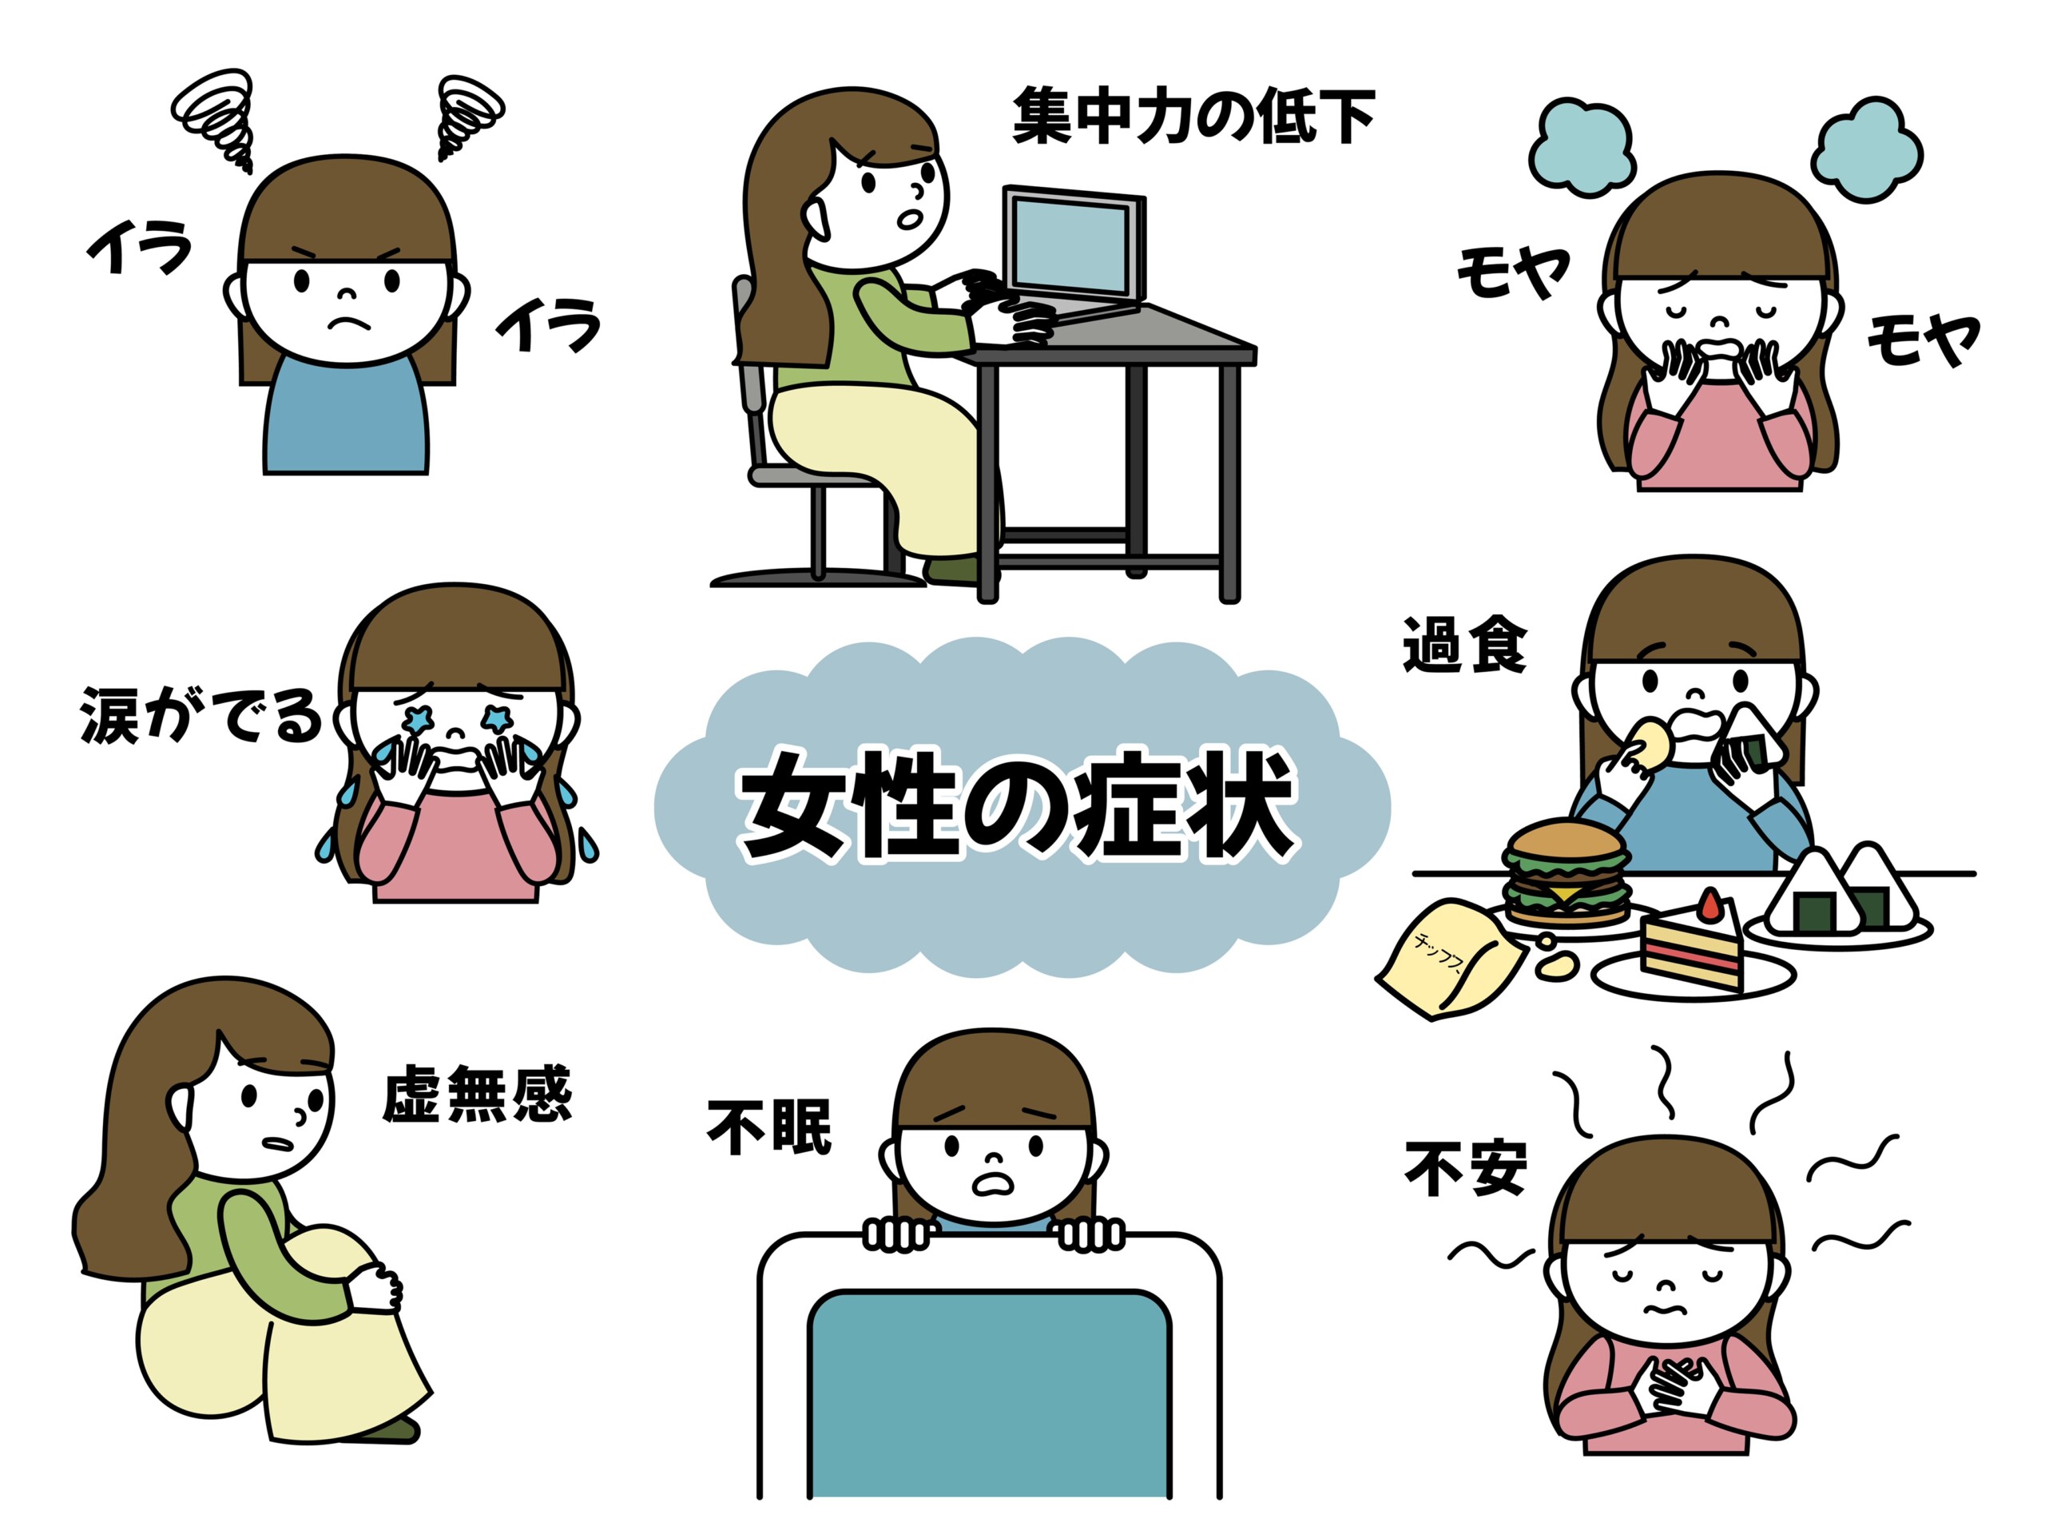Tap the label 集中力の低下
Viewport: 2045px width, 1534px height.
1193,116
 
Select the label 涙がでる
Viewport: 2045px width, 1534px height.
201,715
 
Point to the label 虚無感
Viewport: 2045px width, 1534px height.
477,1093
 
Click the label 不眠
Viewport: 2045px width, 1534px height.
769,1127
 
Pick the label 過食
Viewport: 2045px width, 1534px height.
1464,645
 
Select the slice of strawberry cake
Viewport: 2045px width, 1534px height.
1691,943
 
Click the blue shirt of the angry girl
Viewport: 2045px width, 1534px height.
346,416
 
